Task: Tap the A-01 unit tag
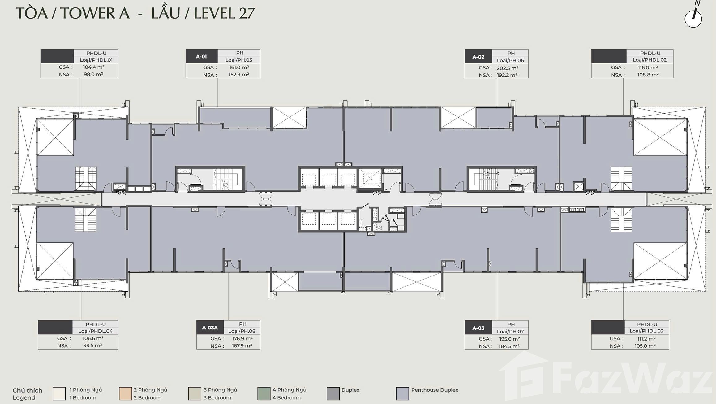click(201, 56)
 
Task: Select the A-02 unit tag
click(478, 57)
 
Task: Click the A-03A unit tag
click(210, 328)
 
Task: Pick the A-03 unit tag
click(478, 328)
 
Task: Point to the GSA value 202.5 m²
click(508, 68)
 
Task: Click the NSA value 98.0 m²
click(93, 74)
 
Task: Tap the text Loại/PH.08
click(242, 331)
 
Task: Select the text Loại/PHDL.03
click(646, 331)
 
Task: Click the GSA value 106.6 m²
click(93, 338)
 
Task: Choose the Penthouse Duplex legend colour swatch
click(402, 393)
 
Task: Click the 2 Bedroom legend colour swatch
click(125, 393)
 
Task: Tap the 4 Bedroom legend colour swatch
click(264, 393)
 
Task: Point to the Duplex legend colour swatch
click(333, 393)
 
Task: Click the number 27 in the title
click(247, 13)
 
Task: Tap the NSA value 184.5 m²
click(509, 346)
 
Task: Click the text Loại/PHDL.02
click(650, 60)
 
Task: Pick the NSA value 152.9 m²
click(239, 74)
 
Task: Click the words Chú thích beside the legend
click(27, 390)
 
